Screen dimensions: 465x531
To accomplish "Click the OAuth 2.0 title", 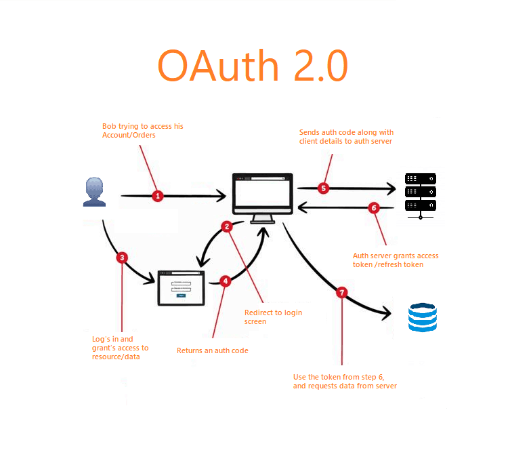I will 252,66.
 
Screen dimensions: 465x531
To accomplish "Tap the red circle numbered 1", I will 158,196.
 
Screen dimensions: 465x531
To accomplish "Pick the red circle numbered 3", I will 121,258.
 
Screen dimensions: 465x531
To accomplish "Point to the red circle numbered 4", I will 225,280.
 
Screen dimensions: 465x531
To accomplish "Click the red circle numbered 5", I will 323,188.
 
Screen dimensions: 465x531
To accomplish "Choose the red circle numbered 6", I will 373,208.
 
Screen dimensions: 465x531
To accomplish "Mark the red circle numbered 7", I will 342,292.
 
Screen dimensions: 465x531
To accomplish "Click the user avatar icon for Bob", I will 94,192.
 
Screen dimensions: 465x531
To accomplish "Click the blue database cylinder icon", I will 423,317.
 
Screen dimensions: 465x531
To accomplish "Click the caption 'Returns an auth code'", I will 213,350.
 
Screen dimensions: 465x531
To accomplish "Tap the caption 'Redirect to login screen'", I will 273,317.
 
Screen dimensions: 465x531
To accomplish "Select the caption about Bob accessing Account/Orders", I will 142,131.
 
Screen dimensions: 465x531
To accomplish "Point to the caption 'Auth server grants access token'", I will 396,260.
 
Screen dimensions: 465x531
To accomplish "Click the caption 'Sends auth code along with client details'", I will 346,136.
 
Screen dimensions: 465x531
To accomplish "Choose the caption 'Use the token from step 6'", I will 345,381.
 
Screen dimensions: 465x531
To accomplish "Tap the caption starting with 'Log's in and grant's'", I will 120,348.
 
